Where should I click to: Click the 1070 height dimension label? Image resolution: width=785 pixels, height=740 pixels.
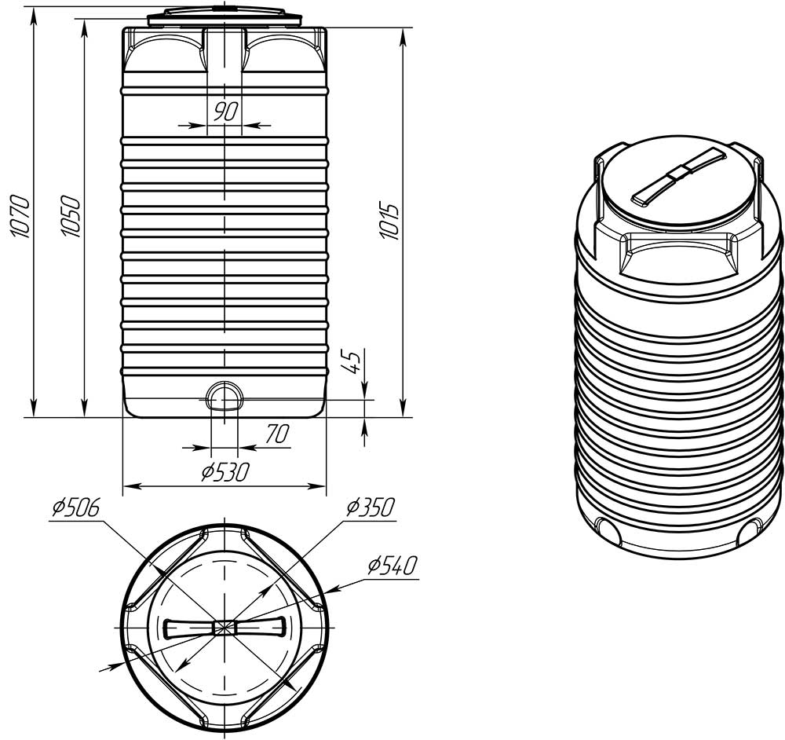click(21, 215)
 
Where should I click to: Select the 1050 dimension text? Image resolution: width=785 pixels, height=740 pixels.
click(70, 216)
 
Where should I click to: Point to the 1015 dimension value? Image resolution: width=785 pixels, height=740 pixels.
click(389, 221)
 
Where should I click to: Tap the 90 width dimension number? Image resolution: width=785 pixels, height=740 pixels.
click(225, 112)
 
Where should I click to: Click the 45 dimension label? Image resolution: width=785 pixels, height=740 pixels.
click(352, 361)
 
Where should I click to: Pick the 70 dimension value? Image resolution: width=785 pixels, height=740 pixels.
click(277, 434)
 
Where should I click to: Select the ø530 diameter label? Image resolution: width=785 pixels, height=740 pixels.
click(225, 471)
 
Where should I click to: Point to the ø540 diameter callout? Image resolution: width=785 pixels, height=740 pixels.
click(392, 565)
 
